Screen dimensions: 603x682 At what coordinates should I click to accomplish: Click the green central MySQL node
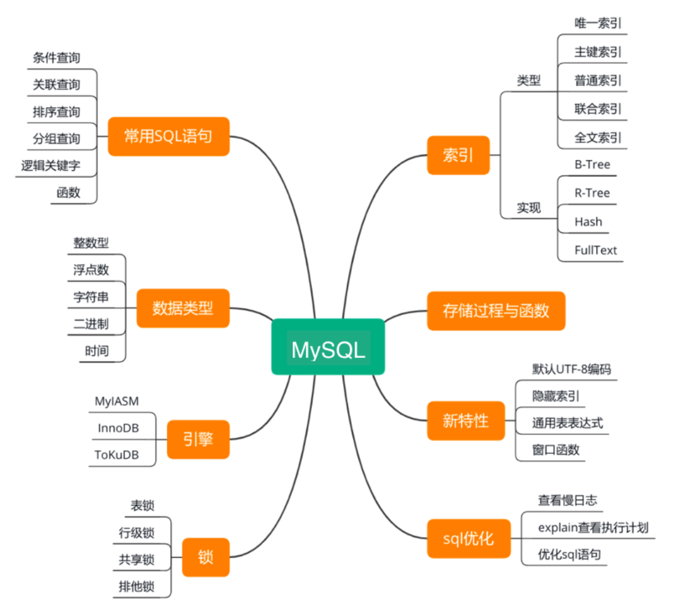point(328,346)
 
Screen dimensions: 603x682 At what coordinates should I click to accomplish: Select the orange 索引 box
point(458,155)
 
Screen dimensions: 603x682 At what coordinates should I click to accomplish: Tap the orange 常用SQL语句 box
point(168,136)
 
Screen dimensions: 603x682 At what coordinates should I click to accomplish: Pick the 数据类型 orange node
point(182,308)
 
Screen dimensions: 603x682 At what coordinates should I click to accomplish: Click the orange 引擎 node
point(198,439)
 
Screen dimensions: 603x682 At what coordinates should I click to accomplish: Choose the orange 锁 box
point(205,558)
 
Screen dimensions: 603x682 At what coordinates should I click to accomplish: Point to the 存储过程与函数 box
point(495,310)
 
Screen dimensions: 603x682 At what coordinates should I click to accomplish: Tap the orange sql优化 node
point(468,538)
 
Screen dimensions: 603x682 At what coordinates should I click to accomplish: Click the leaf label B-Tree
point(591,164)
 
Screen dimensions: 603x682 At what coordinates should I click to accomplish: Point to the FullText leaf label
point(595,250)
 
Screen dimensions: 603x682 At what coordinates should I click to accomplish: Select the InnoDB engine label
point(118,428)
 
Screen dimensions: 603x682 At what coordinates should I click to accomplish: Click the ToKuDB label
point(116,455)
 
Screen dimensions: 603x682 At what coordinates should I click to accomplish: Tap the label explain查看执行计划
point(592,527)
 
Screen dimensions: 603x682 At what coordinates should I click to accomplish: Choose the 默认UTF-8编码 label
point(571,369)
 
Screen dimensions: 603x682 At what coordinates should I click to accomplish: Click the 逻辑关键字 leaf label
point(50,165)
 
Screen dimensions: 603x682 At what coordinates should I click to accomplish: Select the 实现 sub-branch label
point(529,208)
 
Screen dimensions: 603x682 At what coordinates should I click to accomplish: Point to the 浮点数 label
point(91,269)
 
